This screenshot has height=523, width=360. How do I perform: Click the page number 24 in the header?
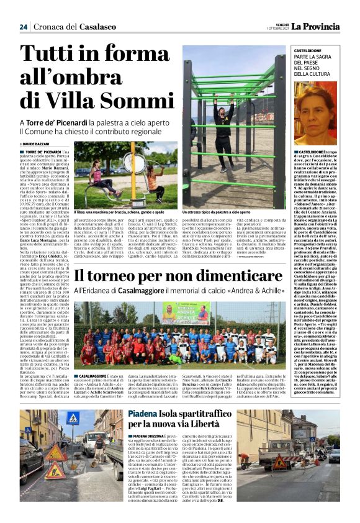24,27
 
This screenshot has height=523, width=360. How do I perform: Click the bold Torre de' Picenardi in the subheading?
59,122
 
